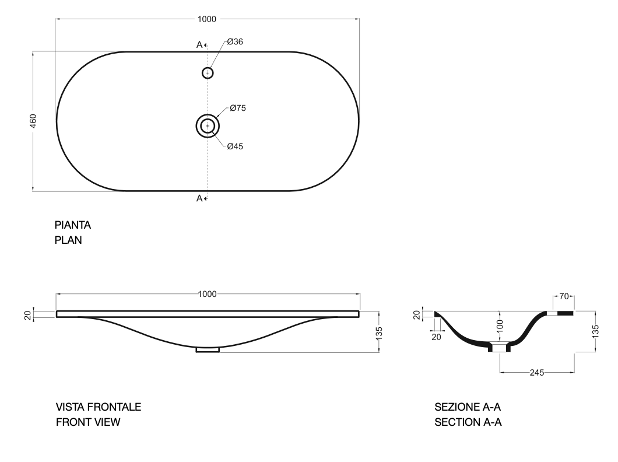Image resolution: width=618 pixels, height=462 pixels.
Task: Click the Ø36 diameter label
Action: pyautogui.click(x=235, y=42)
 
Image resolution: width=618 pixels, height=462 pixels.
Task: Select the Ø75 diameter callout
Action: pyautogui.click(x=237, y=108)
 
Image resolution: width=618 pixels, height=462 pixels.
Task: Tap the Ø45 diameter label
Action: pyautogui.click(x=235, y=146)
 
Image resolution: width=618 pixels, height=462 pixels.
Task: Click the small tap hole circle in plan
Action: pyautogui.click(x=208, y=72)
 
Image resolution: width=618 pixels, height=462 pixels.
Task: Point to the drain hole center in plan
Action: pyautogui.click(x=208, y=126)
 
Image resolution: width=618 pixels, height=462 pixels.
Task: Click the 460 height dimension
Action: pyautogui.click(x=33, y=121)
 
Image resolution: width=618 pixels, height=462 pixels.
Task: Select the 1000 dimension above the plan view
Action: pyautogui.click(x=207, y=19)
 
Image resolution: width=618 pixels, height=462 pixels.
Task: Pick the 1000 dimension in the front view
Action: pyautogui.click(x=207, y=294)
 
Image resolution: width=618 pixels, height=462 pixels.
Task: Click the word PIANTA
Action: pyautogui.click(x=73, y=225)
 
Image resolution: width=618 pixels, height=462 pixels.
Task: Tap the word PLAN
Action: pyautogui.click(x=68, y=239)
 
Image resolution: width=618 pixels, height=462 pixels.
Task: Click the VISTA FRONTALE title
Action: pyautogui.click(x=98, y=407)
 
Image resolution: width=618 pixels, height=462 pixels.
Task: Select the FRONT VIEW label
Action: pyautogui.click(x=87, y=421)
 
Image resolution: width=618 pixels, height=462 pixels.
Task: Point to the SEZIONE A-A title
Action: pyautogui.click(x=468, y=407)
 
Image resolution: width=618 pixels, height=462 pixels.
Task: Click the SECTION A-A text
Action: pyautogui.click(x=468, y=421)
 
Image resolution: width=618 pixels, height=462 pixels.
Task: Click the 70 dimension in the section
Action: pyautogui.click(x=563, y=297)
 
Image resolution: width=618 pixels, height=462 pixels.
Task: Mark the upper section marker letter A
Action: pyautogui.click(x=199, y=44)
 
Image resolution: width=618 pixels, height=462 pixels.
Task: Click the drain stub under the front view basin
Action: pyautogui.click(x=208, y=349)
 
